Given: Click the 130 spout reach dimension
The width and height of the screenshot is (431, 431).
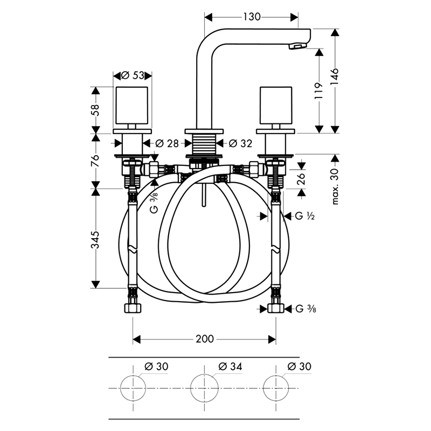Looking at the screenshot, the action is [x=252, y=17].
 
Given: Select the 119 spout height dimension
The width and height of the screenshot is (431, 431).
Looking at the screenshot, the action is [x=319, y=91].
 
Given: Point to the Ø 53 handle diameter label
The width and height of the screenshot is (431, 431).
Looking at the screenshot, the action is [x=133, y=75].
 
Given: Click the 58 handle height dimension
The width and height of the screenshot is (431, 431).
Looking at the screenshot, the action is [x=95, y=110].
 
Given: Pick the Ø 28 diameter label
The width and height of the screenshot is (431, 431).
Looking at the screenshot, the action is [x=167, y=143].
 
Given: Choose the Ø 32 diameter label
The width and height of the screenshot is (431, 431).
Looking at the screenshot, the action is [x=240, y=143].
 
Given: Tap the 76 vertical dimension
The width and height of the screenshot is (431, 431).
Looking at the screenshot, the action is [x=95, y=161].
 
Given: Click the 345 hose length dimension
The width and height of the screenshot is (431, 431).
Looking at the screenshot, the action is [x=95, y=240].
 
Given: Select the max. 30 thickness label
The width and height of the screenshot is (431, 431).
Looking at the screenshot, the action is [x=335, y=186].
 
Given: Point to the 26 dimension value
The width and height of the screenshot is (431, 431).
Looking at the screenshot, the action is [x=302, y=178].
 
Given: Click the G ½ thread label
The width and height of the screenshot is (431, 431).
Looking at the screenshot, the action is [x=305, y=216].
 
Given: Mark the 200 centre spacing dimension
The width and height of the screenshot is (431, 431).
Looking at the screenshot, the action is [x=205, y=339].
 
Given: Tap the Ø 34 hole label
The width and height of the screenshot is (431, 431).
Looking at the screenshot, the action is [x=231, y=366].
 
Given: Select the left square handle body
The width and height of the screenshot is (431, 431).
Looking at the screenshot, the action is [x=131, y=106].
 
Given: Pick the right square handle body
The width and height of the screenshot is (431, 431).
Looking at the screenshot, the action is [x=276, y=106].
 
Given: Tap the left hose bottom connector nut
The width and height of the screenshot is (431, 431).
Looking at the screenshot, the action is [x=133, y=308].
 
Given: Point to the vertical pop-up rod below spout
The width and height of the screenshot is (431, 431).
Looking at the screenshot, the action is [x=204, y=195].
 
